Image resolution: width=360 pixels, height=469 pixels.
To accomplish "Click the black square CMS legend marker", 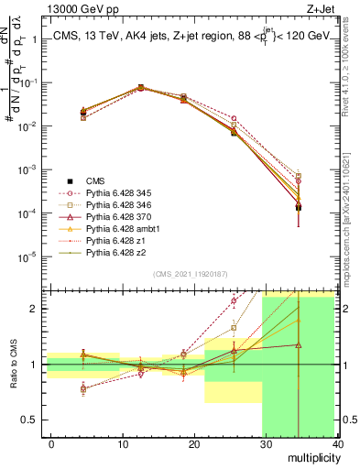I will coord(70,181).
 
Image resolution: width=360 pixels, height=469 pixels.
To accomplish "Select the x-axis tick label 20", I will coord(194,443).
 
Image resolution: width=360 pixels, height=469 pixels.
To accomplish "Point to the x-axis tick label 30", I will coord(266,443).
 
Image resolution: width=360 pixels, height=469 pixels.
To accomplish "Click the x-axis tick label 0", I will coord(51,443).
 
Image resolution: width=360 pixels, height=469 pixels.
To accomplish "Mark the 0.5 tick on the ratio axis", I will coord(32,420).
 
